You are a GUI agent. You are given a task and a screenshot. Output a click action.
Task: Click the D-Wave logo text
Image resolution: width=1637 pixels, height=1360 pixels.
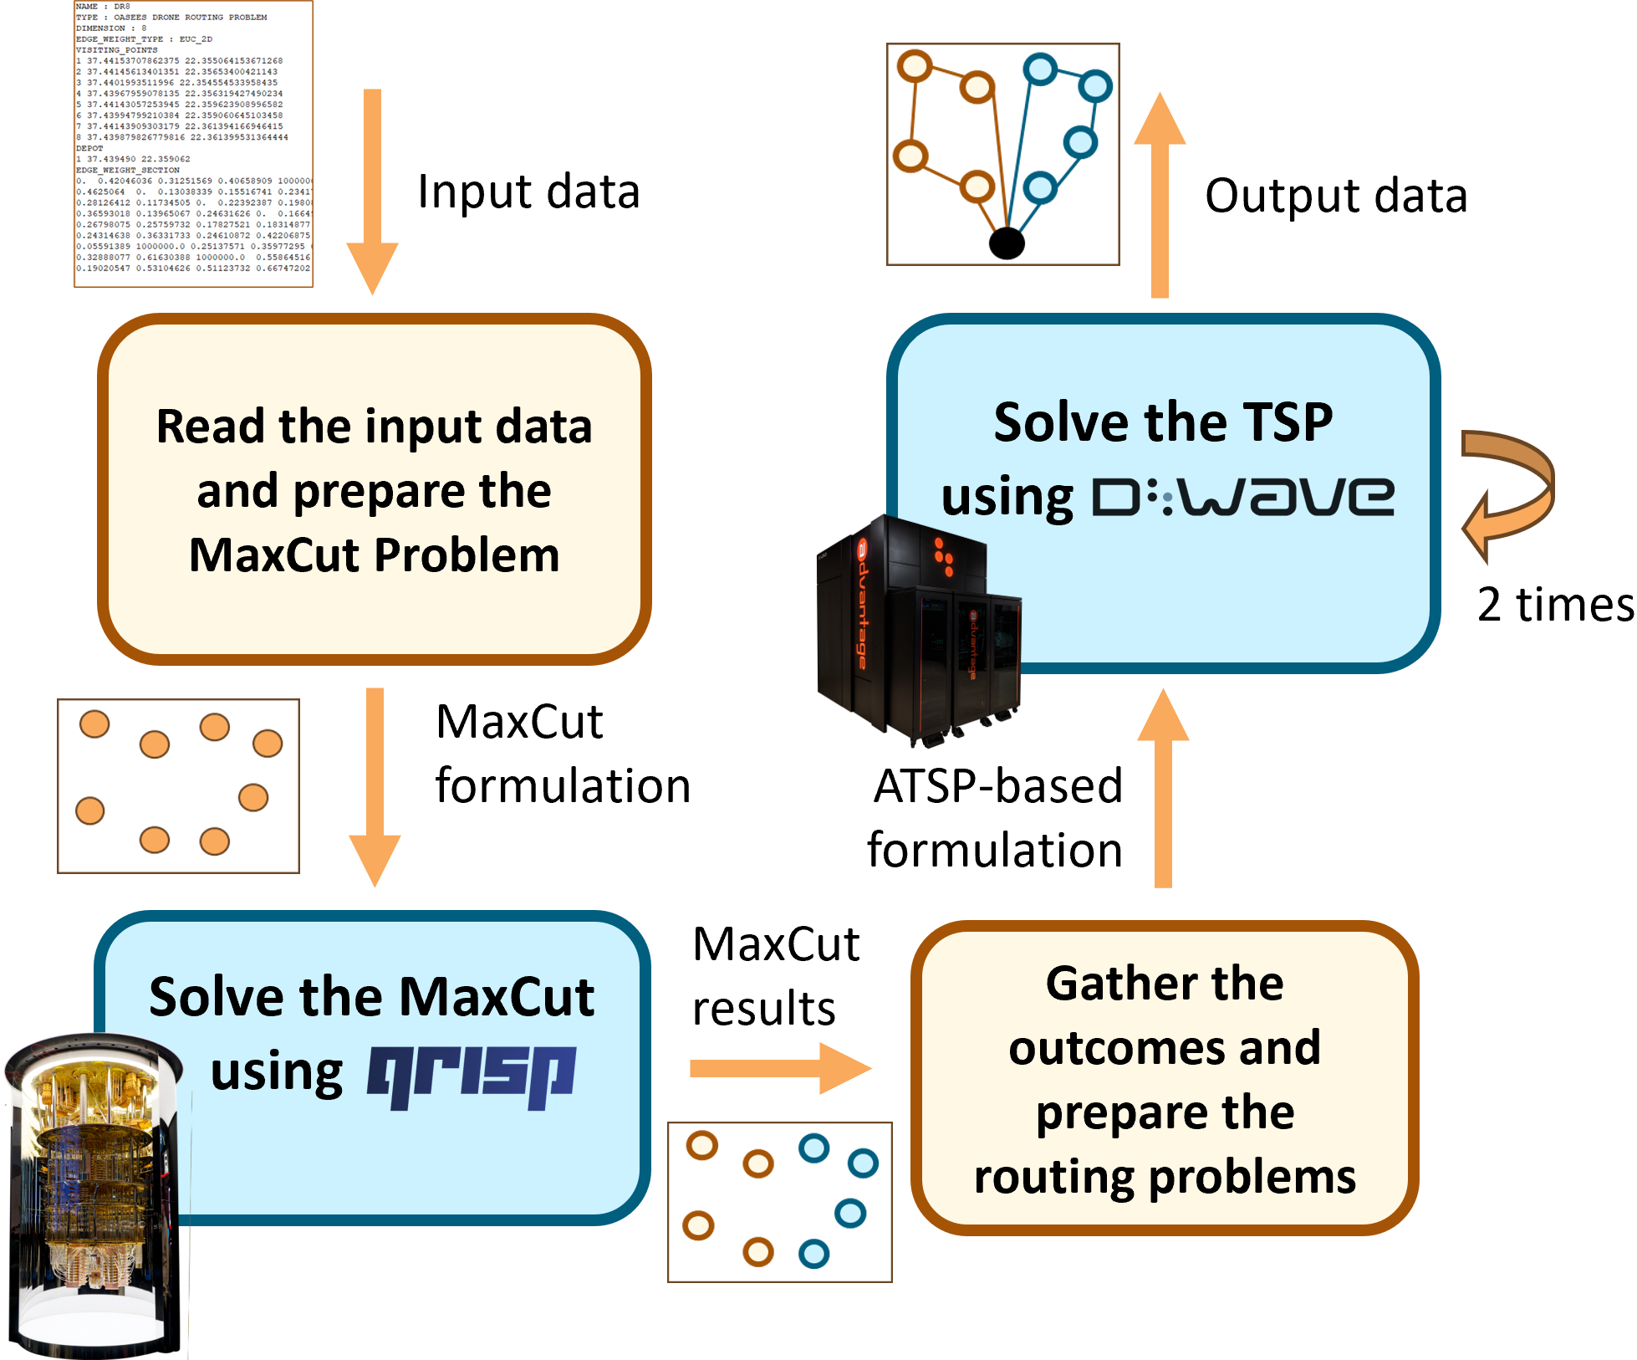click(1243, 497)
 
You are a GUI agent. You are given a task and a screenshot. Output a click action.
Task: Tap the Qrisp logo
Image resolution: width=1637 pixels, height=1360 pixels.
click(472, 1076)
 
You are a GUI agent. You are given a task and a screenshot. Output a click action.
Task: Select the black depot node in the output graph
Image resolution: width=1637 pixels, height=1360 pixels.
click(1007, 243)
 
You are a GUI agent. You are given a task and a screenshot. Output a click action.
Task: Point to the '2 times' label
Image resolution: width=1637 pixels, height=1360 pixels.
click(1555, 605)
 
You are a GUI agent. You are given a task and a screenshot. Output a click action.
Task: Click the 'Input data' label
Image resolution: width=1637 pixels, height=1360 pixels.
click(528, 192)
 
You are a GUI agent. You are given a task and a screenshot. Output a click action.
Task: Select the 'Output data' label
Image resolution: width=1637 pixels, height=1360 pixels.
click(1335, 197)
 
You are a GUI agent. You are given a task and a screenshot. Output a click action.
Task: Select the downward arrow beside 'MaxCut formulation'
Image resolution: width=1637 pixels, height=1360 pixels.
click(375, 786)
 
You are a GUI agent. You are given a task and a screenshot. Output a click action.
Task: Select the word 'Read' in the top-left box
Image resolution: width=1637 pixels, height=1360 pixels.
click(211, 427)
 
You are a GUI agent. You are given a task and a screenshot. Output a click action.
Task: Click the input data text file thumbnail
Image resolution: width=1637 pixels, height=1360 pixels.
click(193, 144)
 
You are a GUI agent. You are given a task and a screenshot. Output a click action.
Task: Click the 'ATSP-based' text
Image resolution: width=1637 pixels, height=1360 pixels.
click(997, 786)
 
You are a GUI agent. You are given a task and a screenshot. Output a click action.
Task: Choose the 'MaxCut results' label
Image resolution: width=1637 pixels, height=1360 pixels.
click(775, 976)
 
